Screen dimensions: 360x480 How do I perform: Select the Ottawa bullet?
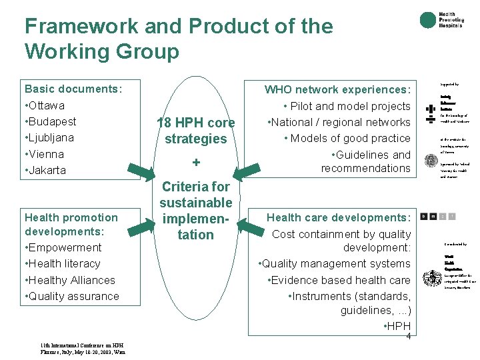click(x=45, y=105)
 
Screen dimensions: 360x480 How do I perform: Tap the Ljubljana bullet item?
click(x=49, y=137)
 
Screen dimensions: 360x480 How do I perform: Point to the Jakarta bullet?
click(x=45, y=170)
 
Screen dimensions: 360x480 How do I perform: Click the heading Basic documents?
click(x=73, y=89)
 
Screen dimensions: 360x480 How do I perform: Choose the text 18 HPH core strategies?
click(x=195, y=131)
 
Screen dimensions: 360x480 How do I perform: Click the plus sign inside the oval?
click(x=196, y=163)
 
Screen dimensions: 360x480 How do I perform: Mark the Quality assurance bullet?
click(x=72, y=296)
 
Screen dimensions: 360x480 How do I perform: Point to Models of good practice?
click(x=347, y=138)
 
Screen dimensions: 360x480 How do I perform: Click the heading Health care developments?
click(x=339, y=217)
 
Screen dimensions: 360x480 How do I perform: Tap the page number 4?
click(x=408, y=336)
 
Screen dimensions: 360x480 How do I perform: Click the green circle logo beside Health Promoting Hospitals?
click(x=427, y=21)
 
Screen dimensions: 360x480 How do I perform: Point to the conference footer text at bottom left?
click(x=83, y=349)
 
